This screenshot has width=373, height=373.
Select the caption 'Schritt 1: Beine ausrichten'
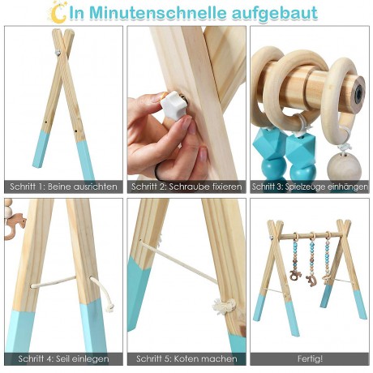coord(63,186)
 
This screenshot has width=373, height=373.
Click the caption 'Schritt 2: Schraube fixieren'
coord(186,186)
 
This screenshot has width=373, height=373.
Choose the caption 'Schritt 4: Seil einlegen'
coord(63,358)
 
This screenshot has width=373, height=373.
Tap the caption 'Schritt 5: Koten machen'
coord(186,358)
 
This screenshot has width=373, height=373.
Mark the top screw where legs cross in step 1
coord(58,52)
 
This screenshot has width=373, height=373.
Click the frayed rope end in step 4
coord(106,302)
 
